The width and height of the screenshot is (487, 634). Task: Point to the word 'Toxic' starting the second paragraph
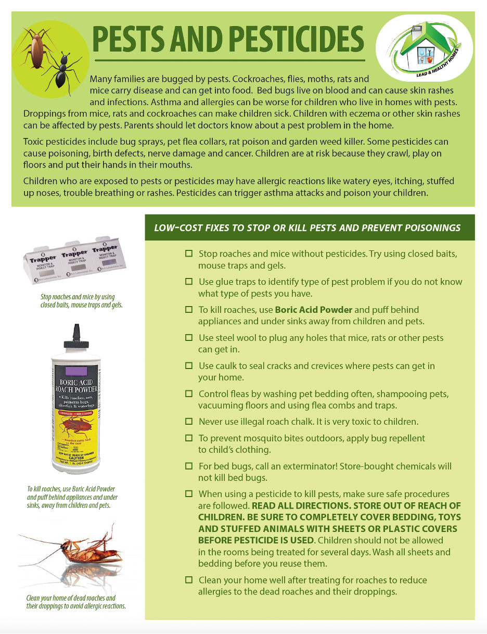click(34, 142)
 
